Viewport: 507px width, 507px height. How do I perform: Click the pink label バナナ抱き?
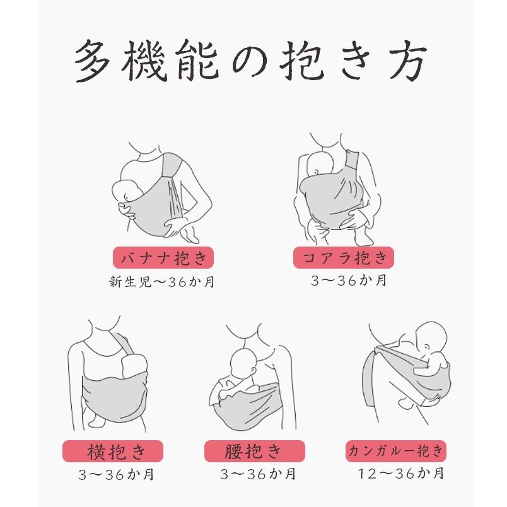point(163,257)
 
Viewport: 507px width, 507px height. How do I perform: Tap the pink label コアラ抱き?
point(344,257)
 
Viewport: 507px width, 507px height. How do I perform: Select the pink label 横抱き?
point(112,451)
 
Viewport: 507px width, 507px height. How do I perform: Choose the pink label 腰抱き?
point(255,451)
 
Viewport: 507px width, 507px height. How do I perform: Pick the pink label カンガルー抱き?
point(396,451)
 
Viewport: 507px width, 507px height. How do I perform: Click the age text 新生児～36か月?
point(162,282)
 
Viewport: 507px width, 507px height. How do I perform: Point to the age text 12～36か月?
point(401,474)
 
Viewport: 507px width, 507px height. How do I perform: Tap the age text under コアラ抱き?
point(349,281)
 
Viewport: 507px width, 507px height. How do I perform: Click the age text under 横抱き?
point(116,474)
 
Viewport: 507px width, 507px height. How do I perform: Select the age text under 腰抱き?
point(258,474)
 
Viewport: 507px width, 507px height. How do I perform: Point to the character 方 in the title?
point(407,61)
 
